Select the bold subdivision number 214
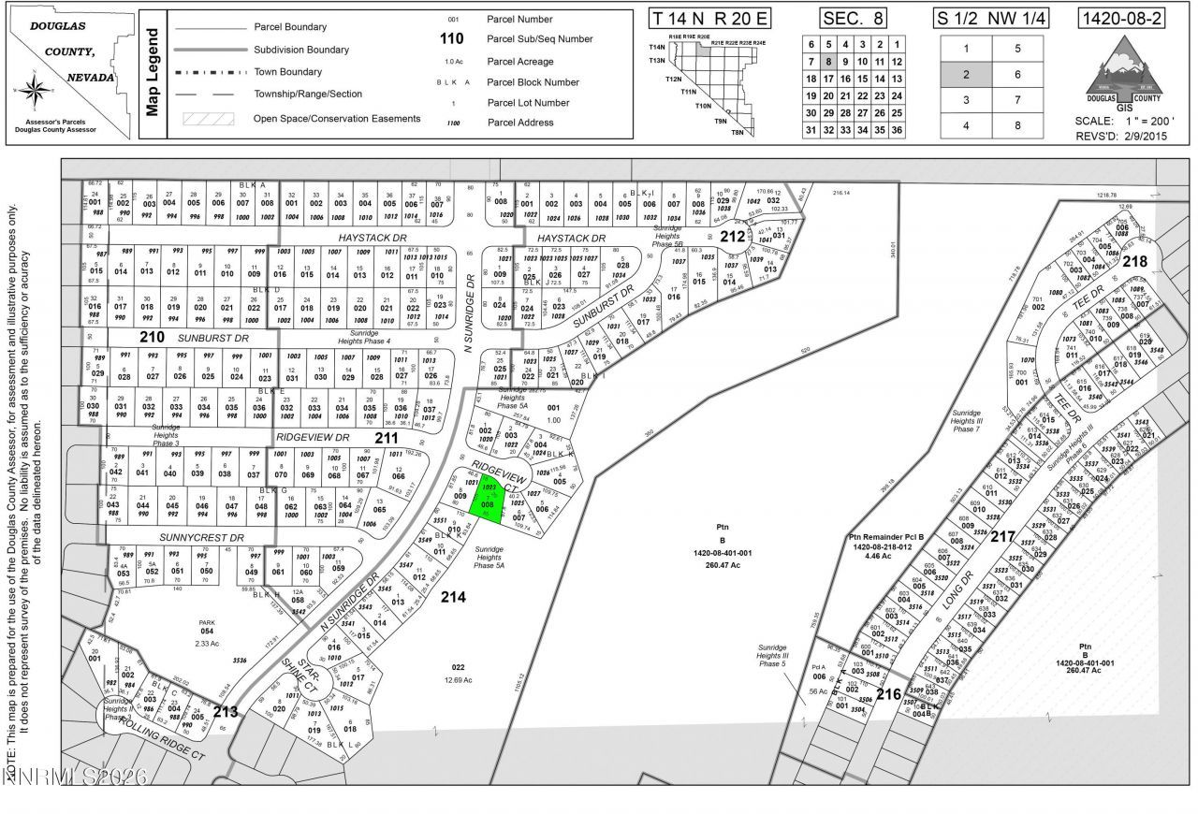453,596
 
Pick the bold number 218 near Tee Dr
1134,261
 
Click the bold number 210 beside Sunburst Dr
152,337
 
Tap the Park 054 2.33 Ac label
207,632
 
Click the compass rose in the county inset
35,90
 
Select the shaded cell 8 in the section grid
827,61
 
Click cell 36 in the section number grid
897,130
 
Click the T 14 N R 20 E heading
712,19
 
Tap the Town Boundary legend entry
287,72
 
